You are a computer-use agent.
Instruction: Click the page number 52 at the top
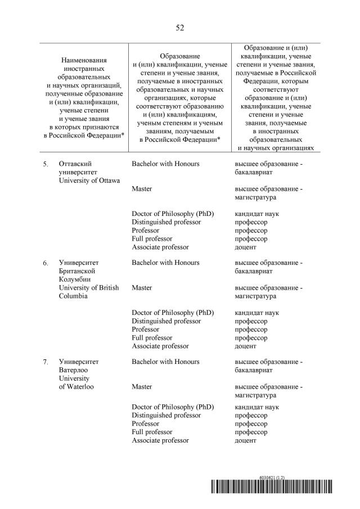tap(180, 28)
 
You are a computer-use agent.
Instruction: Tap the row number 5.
tap(45, 164)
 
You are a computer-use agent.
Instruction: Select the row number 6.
tap(45, 263)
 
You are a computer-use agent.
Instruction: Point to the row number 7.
tap(45, 362)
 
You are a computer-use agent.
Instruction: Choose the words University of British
tap(89, 288)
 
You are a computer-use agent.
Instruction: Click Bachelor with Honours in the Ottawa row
tap(165, 164)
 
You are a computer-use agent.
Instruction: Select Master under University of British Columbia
tap(142, 288)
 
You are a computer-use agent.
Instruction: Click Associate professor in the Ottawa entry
tap(160, 247)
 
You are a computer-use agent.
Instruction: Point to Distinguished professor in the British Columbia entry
tap(166, 321)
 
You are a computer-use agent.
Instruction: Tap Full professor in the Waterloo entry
tap(152, 432)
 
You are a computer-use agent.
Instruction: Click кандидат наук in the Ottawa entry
tap(256, 214)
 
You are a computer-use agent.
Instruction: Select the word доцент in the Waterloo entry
tap(245, 440)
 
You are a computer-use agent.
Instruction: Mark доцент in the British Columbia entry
tap(245, 346)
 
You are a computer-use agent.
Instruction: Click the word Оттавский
tap(76, 164)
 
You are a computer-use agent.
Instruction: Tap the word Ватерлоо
tap(74, 370)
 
